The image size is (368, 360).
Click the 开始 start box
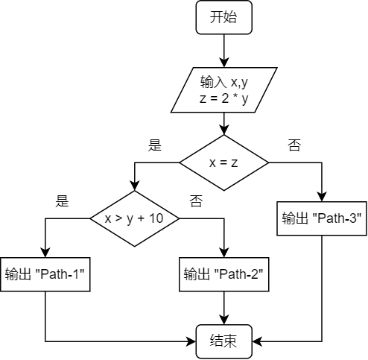223,17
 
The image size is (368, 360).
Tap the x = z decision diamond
223,162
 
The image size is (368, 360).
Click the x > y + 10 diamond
134,218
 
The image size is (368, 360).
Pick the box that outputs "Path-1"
45,274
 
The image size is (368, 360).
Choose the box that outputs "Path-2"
223,274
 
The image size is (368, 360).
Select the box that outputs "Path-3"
322,218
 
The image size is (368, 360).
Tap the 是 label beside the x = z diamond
155,145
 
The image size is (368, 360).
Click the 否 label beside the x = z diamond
294,145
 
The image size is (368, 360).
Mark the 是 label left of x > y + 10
63,200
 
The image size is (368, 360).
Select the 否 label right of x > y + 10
196,200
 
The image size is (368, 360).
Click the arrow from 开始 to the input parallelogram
223,51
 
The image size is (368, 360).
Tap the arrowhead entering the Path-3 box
322,196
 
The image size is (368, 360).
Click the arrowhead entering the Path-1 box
45,251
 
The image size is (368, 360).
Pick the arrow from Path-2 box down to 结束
223,308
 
